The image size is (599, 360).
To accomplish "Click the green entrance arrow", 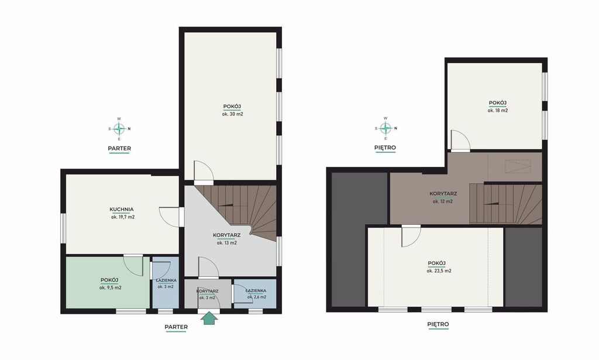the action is click(209, 318).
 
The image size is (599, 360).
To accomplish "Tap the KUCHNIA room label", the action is click(122, 210).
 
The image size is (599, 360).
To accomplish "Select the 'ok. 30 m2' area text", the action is click(232, 114).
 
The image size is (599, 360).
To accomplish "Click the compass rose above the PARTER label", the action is click(119, 129).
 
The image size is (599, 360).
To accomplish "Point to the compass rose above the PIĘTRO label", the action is click(385, 128).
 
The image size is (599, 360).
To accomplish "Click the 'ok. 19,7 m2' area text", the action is click(123, 217).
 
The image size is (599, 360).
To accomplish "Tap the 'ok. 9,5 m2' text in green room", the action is click(111, 288).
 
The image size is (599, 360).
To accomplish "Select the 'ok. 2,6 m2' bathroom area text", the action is click(257, 297).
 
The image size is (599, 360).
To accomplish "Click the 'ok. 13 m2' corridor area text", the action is click(227, 243).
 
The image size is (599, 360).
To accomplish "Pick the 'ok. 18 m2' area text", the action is click(498, 111).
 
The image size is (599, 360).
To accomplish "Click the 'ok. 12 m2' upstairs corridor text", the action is click(443, 201).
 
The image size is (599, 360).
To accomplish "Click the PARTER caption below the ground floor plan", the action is click(176, 327).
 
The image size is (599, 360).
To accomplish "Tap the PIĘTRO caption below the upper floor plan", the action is click(438, 324).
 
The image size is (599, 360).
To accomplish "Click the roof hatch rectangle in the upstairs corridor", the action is click(517, 167).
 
